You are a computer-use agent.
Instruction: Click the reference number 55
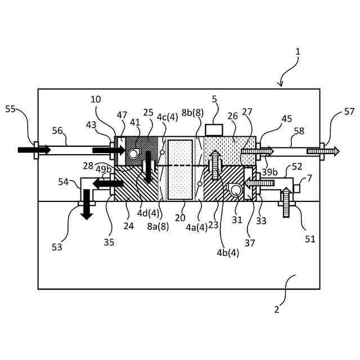[x=11, y=109]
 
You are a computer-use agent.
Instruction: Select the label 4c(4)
[x=167, y=117]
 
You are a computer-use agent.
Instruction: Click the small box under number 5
[x=214, y=130]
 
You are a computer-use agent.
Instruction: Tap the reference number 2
[x=276, y=308]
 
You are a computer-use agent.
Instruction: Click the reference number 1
[x=298, y=51]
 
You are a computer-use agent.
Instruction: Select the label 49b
[x=103, y=169]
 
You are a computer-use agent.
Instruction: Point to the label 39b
[x=269, y=172]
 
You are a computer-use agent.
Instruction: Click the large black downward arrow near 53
[x=87, y=204]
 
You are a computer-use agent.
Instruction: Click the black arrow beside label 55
[x=34, y=150]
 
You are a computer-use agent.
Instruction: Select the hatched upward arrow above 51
[x=285, y=203]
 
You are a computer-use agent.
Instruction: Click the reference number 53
[x=56, y=246]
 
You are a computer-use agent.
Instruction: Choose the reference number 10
[x=96, y=100]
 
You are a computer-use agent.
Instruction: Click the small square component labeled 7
[x=296, y=188]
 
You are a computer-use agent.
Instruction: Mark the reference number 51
[x=310, y=238]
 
